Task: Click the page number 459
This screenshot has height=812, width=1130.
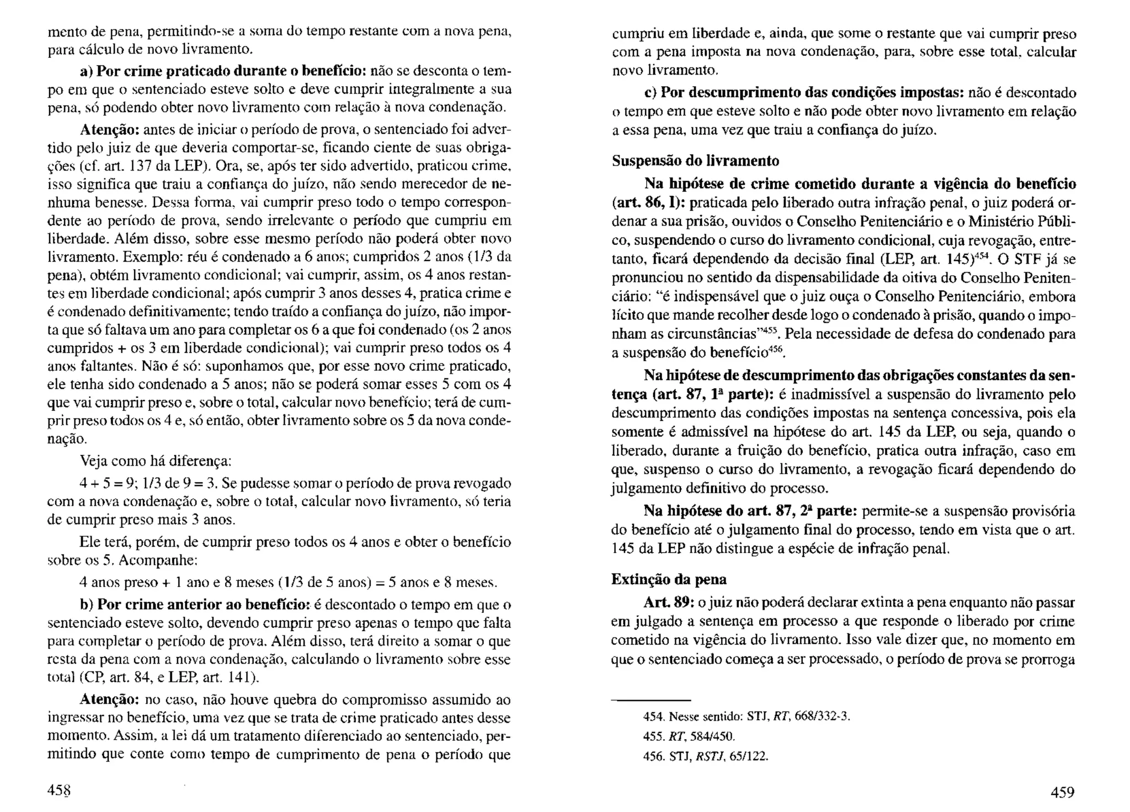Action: click(x=1062, y=792)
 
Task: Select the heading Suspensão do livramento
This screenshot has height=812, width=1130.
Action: click(x=695, y=161)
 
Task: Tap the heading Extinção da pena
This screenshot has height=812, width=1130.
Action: click(x=669, y=579)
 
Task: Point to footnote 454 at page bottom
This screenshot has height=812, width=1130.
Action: click(x=747, y=717)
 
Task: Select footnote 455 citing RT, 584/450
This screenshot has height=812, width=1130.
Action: click(x=690, y=736)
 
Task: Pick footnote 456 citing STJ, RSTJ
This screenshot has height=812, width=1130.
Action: click(x=706, y=756)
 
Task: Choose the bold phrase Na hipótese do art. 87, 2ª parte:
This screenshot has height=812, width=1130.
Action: click(x=750, y=511)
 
